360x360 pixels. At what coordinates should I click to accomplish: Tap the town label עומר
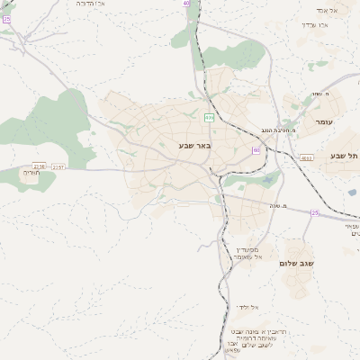(324, 121)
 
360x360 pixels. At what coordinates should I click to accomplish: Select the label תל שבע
(344, 156)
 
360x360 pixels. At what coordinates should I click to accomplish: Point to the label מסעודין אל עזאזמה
(247, 253)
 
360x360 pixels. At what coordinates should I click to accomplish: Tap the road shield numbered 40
(186, 4)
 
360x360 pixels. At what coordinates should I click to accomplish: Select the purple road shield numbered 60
(256, 150)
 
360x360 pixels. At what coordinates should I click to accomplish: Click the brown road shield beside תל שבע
(307, 157)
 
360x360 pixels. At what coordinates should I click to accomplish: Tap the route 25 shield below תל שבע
(315, 212)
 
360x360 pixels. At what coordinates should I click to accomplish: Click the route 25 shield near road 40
(5, 18)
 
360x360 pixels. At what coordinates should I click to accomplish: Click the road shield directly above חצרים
(39, 166)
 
